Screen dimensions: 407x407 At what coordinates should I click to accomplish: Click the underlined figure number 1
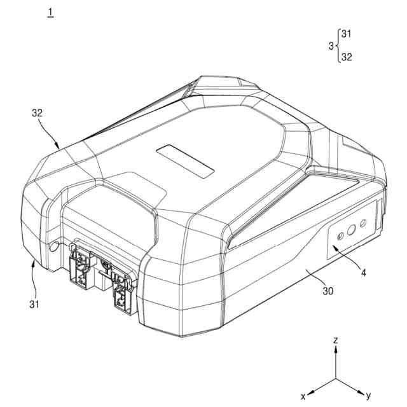51,13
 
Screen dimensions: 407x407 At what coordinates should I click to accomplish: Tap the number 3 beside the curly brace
331,46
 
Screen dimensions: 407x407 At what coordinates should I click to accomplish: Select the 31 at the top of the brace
346,34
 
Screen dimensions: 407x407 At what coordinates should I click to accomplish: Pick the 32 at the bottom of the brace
347,57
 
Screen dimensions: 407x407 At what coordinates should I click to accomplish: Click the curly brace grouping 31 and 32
337,46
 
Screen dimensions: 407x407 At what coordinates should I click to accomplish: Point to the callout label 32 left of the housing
37,113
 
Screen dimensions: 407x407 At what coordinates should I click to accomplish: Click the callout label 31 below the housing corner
34,304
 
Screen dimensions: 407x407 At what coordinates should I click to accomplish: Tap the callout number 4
364,273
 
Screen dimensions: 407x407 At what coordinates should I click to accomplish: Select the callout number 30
328,291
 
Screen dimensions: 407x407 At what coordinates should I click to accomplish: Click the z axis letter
336,340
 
